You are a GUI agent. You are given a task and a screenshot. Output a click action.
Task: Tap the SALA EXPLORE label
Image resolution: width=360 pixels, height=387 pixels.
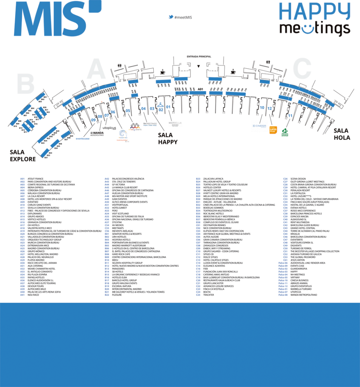[x=23, y=155]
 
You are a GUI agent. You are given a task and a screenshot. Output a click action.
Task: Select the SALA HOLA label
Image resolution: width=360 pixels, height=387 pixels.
[x=341, y=134]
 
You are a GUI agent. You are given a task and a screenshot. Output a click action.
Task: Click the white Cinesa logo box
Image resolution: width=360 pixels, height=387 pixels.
[x=259, y=126]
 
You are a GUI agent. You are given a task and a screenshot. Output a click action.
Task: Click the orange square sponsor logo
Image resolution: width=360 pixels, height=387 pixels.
[x=273, y=130]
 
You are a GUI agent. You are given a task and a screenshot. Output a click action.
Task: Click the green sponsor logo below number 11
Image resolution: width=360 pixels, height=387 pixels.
[x=285, y=132]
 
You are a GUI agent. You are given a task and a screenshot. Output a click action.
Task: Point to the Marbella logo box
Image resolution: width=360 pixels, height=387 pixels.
[x=175, y=124]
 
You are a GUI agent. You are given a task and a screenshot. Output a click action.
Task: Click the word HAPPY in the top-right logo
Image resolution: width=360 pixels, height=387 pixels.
[x=314, y=11]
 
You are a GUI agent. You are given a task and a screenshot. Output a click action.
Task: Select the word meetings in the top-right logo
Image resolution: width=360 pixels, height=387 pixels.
[x=314, y=29]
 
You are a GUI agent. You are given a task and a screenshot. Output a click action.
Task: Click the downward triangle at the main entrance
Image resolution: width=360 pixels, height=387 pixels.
[x=198, y=67]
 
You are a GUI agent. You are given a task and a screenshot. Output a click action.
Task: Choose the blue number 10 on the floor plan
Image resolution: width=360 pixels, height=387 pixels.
[x=262, y=108]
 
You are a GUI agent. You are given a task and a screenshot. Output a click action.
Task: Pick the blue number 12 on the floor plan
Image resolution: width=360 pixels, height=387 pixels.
[x=269, y=108]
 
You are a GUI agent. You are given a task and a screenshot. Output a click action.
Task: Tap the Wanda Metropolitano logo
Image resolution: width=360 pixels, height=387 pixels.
[x=97, y=133]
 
